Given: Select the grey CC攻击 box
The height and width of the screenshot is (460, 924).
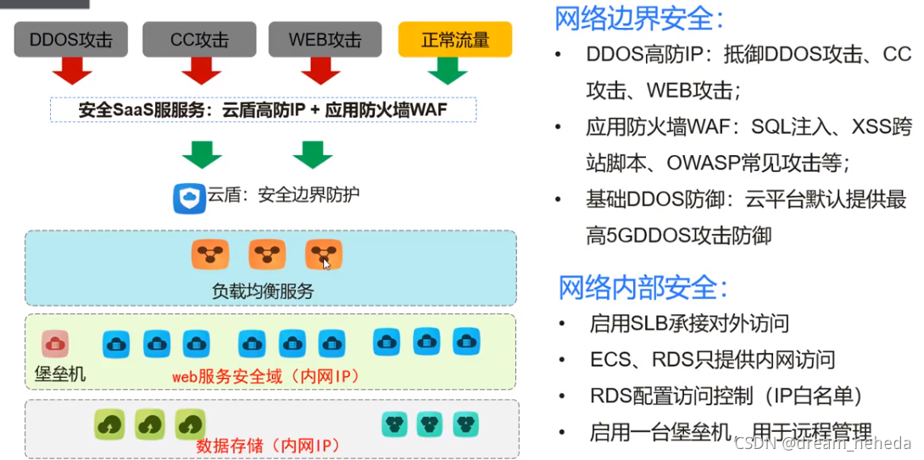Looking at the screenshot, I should tap(199, 40).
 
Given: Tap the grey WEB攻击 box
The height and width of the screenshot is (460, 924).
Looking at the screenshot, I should tap(324, 40).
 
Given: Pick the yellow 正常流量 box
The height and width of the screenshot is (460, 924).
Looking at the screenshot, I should tap(455, 40).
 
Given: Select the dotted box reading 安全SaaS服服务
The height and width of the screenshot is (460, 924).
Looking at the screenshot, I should tap(263, 110).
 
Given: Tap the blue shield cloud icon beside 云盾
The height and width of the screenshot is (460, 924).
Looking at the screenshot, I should tap(188, 197).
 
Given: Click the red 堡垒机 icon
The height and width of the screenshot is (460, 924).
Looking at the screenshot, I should tap(55, 344).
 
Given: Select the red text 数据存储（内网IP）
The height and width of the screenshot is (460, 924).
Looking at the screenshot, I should tap(267, 445).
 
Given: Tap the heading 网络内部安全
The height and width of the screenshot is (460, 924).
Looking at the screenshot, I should tap(643, 287).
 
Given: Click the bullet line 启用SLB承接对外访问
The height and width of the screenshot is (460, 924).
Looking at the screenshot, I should tap(689, 323).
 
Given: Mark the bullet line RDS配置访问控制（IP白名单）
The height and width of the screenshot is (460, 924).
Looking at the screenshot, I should tap(726, 396).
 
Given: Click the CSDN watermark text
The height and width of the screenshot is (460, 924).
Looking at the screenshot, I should tap(822, 443).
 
